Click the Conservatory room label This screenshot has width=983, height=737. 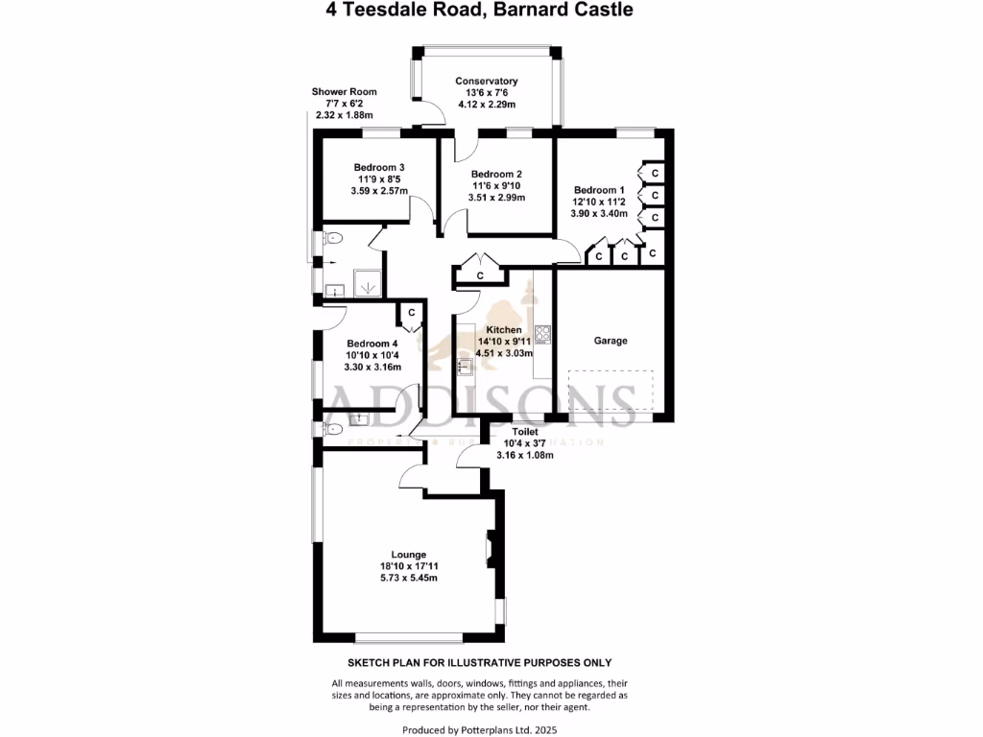[x=487, y=82]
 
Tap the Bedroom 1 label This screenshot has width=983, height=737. [x=598, y=189]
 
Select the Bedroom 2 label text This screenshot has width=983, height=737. [x=496, y=174]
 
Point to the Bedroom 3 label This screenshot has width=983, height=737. [x=378, y=167]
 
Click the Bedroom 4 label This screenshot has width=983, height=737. [x=372, y=344]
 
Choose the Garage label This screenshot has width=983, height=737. [x=611, y=341]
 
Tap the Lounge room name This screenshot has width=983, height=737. [x=408, y=554]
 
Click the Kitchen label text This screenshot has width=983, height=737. [x=504, y=329]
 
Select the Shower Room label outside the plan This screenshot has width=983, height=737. [x=342, y=92]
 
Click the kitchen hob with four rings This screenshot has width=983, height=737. [x=543, y=334]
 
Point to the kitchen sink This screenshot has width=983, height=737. [x=465, y=366]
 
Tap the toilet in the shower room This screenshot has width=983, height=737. [x=331, y=240]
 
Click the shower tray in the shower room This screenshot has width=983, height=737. [x=369, y=284]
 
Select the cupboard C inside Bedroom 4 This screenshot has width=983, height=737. [x=411, y=313]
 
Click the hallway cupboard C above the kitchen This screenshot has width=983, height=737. [x=480, y=275]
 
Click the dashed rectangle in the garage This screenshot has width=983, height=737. [x=611, y=393]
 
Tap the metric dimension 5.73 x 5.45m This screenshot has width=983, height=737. [x=408, y=578]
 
